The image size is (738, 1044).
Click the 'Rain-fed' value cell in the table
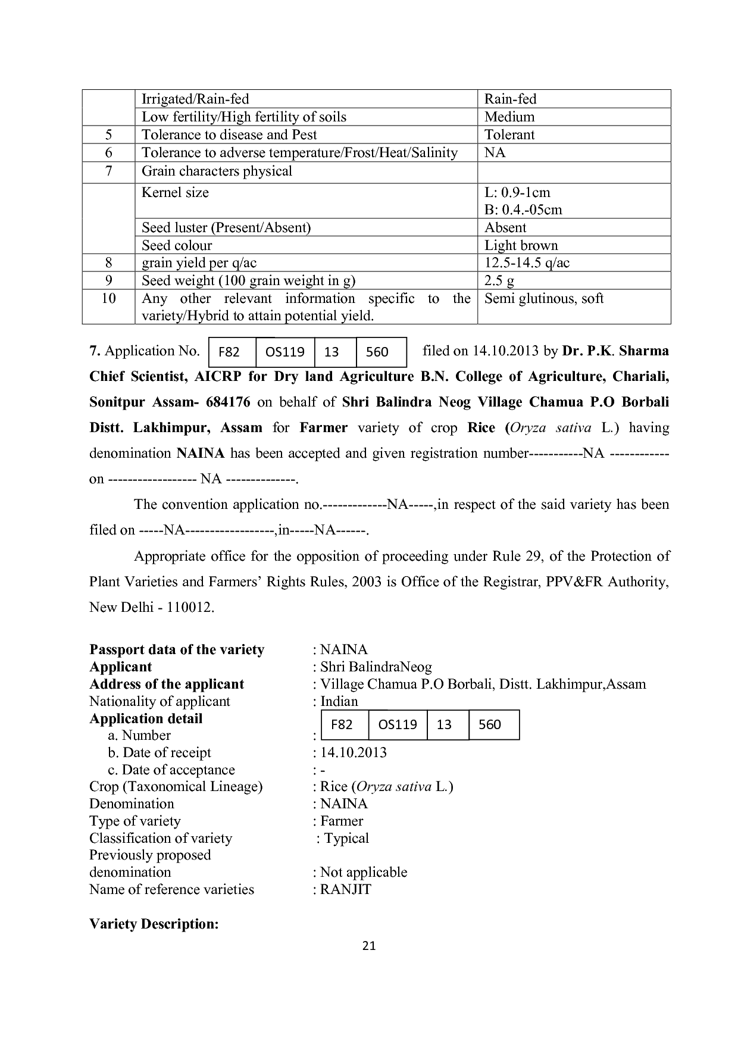(x=510, y=99)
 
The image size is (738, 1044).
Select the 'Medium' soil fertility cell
(x=509, y=117)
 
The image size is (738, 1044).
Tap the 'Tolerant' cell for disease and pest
(x=509, y=135)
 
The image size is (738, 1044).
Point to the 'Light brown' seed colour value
(x=521, y=245)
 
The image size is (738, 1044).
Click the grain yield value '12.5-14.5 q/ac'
(x=527, y=262)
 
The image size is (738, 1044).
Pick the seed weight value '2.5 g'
(x=499, y=280)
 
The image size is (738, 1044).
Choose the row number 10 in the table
(x=108, y=298)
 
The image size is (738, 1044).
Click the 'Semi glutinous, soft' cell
(x=544, y=298)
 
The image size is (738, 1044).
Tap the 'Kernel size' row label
(x=175, y=192)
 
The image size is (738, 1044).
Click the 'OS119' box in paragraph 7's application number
(x=284, y=352)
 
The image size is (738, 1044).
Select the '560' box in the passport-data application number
(x=490, y=724)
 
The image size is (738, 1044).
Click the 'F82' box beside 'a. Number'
(x=342, y=724)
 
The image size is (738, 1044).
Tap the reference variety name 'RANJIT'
(x=346, y=889)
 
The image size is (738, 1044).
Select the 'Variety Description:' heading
(x=154, y=924)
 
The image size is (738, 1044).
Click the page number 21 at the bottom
(x=369, y=946)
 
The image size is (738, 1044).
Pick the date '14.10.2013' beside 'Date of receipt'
(x=354, y=752)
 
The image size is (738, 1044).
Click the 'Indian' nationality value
(x=339, y=701)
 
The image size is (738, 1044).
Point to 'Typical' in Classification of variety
(x=346, y=838)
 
